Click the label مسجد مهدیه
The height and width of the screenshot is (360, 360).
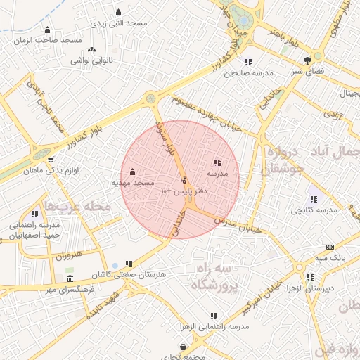point(133,183)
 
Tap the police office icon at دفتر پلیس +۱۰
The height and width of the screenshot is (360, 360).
point(184,181)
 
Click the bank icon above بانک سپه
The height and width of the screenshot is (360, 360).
point(330,247)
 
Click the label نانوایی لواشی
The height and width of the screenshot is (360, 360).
point(92,60)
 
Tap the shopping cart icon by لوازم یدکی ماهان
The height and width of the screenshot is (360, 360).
point(51,160)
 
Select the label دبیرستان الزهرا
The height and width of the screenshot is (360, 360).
point(309,288)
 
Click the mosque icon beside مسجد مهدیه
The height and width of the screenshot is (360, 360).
point(133,172)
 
